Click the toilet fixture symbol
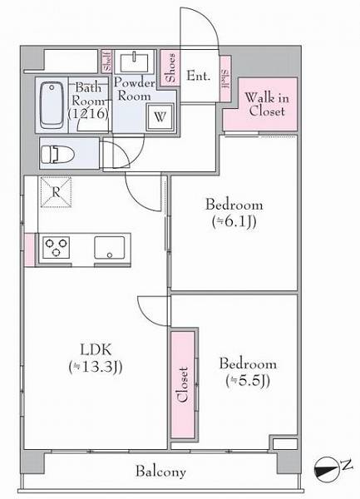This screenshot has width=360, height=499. pos(57,155)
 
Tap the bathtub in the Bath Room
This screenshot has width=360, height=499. pos(51,105)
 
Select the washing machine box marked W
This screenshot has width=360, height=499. pos(160,116)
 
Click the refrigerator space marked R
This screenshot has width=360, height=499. pos(56,192)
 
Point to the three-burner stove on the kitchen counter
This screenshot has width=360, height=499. pos(57,247)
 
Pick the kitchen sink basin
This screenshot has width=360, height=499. pos(110,248)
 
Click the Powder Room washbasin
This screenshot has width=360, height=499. pos(134,62)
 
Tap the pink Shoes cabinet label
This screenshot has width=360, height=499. pos(170,67)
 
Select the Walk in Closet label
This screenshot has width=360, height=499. pos(267,104)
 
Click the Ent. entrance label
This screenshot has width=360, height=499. pos(199,76)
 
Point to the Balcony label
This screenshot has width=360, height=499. pos(160,472)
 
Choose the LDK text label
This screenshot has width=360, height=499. pos(96,350)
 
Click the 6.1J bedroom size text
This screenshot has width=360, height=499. pos(234,222)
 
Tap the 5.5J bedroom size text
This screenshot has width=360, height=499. pos(248,381)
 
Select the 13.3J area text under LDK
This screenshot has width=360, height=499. pos(96,367)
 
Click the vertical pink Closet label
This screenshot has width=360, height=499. pos(183,385)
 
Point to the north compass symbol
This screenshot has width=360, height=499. pos(326,469)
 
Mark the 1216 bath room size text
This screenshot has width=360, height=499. pos(88,114)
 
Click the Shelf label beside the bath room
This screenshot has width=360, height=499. pos(107,62)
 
